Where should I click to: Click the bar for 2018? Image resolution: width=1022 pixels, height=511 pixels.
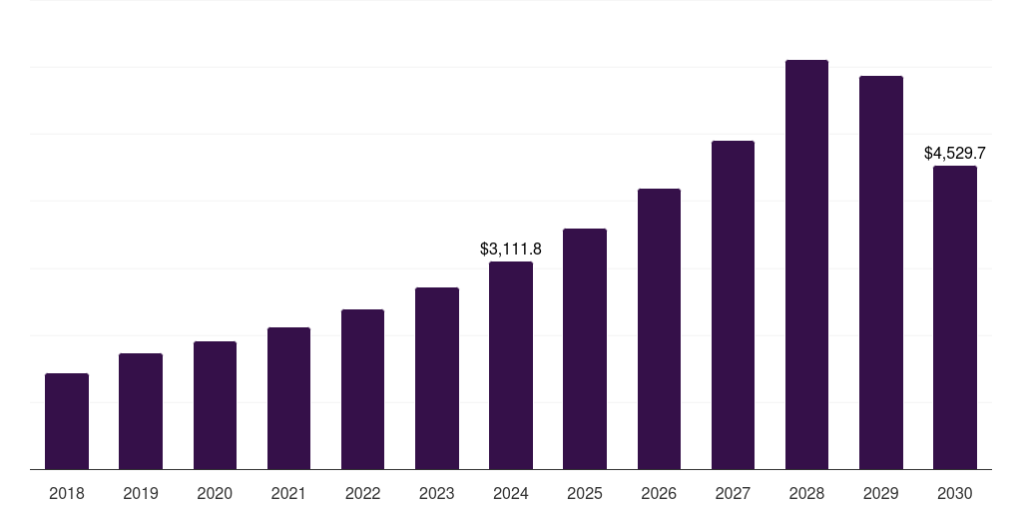67,421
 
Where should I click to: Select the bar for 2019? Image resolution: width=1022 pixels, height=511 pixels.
141,411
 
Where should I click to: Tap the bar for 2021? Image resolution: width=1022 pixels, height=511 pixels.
288,398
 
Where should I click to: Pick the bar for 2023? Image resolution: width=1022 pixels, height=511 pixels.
437,378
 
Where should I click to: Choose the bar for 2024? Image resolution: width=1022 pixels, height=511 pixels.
511,365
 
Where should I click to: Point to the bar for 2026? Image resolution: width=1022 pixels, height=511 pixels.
659,328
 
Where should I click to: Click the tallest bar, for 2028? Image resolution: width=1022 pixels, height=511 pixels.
806,264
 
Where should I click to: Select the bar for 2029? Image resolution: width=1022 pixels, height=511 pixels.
881,272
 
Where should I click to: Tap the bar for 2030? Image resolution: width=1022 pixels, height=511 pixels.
955,317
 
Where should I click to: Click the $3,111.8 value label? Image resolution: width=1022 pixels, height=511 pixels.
511,249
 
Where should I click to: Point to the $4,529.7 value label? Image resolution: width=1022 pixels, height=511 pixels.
955,154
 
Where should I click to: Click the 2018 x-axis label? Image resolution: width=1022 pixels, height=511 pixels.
67,494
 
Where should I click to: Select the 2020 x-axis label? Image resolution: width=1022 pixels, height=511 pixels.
215,494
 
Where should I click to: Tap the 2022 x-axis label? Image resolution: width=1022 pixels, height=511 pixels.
362,494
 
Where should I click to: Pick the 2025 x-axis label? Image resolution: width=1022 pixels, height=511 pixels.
585,494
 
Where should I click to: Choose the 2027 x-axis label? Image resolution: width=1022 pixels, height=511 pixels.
733,494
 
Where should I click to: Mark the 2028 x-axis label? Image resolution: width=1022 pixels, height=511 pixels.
806,494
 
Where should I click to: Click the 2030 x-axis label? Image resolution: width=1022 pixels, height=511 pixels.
955,494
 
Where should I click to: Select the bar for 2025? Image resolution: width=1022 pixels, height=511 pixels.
585,348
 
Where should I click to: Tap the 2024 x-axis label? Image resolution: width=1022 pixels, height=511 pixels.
511,494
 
